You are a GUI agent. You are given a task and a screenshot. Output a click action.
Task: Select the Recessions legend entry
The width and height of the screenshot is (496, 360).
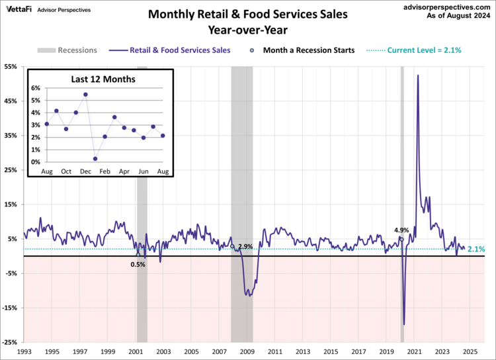tap(67, 50)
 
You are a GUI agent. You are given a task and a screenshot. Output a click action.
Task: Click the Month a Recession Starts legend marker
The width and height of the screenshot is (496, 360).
tap(253, 50)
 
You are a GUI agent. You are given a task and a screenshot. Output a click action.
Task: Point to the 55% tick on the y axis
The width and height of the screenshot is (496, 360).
tap(12, 67)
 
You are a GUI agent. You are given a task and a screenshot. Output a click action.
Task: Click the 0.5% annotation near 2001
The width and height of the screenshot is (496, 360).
tap(138, 264)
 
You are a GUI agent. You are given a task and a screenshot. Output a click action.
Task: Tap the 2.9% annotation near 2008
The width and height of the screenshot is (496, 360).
tap(246, 246)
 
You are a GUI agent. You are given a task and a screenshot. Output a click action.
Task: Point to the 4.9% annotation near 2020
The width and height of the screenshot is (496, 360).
tap(401, 230)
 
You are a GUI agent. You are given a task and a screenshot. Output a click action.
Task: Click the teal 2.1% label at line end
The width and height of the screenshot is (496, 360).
tap(476, 249)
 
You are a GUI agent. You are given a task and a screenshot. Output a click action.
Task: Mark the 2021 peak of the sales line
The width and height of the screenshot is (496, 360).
tap(417, 75)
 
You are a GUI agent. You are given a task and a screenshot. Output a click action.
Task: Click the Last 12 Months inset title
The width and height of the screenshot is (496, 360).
tap(103, 79)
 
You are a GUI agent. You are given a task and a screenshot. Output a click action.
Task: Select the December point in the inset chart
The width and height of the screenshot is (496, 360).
tap(85, 95)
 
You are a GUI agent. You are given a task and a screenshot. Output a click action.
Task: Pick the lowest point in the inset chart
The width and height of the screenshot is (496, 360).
tap(95, 159)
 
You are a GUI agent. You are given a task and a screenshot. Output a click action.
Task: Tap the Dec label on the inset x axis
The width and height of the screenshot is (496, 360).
tap(85, 172)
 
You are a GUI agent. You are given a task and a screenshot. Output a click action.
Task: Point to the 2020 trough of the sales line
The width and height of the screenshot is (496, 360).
tap(403, 325)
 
